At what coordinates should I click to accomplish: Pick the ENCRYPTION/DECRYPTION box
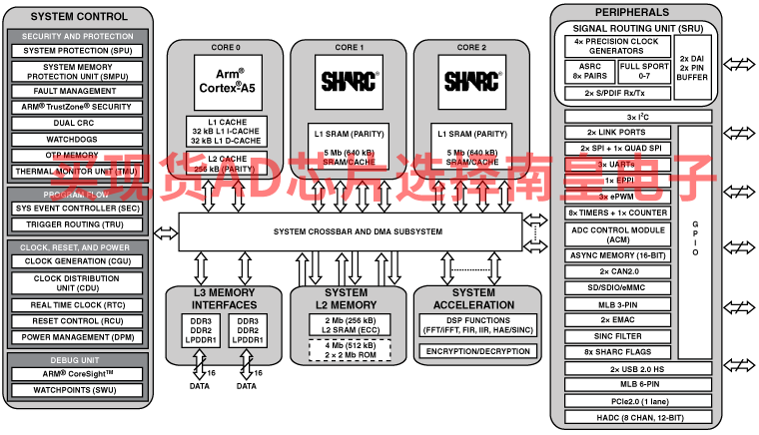coord(477,351)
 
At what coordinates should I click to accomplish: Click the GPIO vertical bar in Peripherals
coord(695,240)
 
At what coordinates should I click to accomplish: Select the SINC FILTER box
coord(617,336)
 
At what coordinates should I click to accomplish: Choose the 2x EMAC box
coord(617,319)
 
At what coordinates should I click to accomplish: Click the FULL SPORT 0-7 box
coord(644,71)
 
